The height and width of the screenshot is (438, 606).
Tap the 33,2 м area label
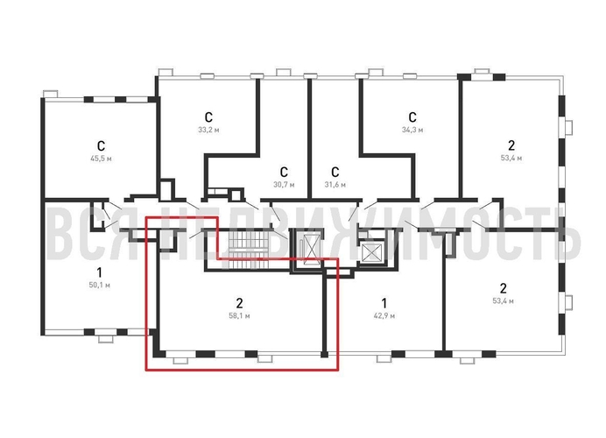point(208,130)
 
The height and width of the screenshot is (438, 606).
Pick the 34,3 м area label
point(412,130)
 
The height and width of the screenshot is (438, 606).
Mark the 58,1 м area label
point(239,314)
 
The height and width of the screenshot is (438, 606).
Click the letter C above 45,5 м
point(101,145)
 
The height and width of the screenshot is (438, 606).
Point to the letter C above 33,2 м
point(208,117)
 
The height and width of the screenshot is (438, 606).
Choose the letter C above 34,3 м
point(412,117)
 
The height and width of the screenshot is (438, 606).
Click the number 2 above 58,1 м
point(239,301)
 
